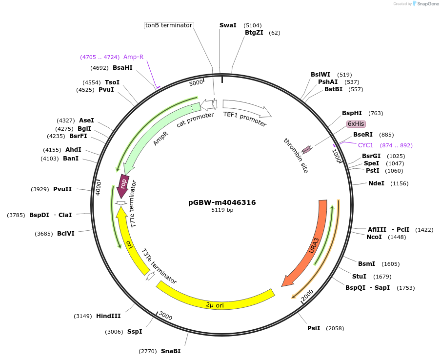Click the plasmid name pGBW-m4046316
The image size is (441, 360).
click(222, 202)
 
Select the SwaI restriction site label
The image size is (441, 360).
click(228, 25)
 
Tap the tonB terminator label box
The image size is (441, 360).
click(169, 25)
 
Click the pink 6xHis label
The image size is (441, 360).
click(356, 124)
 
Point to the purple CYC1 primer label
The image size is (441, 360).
click(365, 145)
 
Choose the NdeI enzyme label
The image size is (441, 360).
click(376, 183)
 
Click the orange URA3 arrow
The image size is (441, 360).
click(312, 244)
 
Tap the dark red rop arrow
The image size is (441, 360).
click(124, 184)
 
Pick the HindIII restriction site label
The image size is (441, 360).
click(108, 316)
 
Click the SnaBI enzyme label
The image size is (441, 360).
click(171, 351)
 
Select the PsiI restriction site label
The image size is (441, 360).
click(314, 328)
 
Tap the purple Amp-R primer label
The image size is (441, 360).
click(133, 57)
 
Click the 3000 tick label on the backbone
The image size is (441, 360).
click(165, 317)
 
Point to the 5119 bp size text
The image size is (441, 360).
click(222, 210)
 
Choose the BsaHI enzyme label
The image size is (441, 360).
click(122, 68)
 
